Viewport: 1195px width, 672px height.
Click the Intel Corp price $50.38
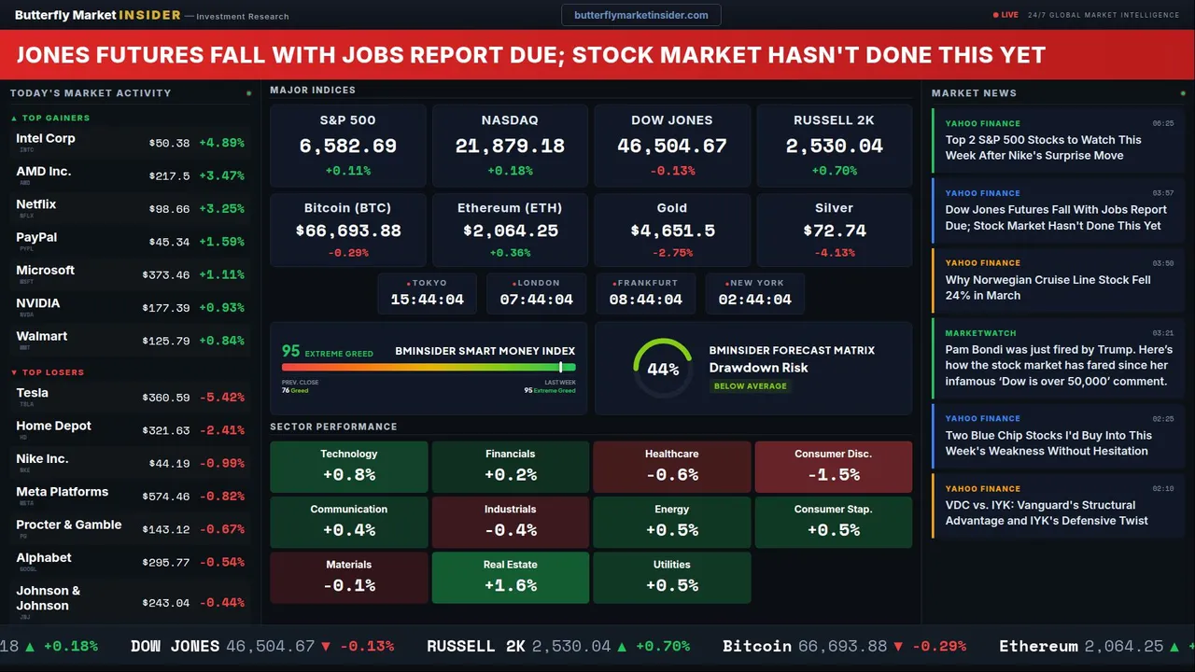pyautogui.click(x=169, y=144)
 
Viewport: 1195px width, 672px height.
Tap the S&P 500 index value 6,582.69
pyautogui.click(x=347, y=147)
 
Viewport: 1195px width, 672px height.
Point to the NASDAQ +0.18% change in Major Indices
pyautogui.click(x=510, y=171)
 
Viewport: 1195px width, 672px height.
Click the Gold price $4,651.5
pyautogui.click(x=672, y=231)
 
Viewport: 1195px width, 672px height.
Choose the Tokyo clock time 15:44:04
pyautogui.click(x=427, y=300)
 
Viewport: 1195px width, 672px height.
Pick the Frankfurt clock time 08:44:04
pyautogui.click(x=645, y=300)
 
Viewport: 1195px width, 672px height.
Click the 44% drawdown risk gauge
pyautogui.click(x=663, y=369)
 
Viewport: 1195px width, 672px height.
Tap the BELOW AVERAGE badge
pyautogui.click(x=750, y=385)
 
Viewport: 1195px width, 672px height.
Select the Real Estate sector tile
pyautogui.click(x=510, y=577)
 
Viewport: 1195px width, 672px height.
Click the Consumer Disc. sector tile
pyautogui.click(x=833, y=466)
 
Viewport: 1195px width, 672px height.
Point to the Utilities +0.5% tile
pyautogui.click(x=671, y=577)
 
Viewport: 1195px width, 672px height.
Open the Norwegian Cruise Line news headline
pyautogui.click(x=1047, y=287)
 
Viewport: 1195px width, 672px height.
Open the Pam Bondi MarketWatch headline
pyautogui.click(x=1056, y=365)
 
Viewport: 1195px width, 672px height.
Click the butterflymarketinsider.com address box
pyautogui.click(x=640, y=15)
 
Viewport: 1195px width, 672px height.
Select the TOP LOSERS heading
pyautogui.click(x=52, y=372)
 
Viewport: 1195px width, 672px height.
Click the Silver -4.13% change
pyautogui.click(x=834, y=253)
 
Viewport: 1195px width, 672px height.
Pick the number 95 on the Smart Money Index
pyautogui.click(x=291, y=351)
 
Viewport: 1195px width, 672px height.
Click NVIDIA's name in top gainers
pyautogui.click(x=38, y=303)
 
